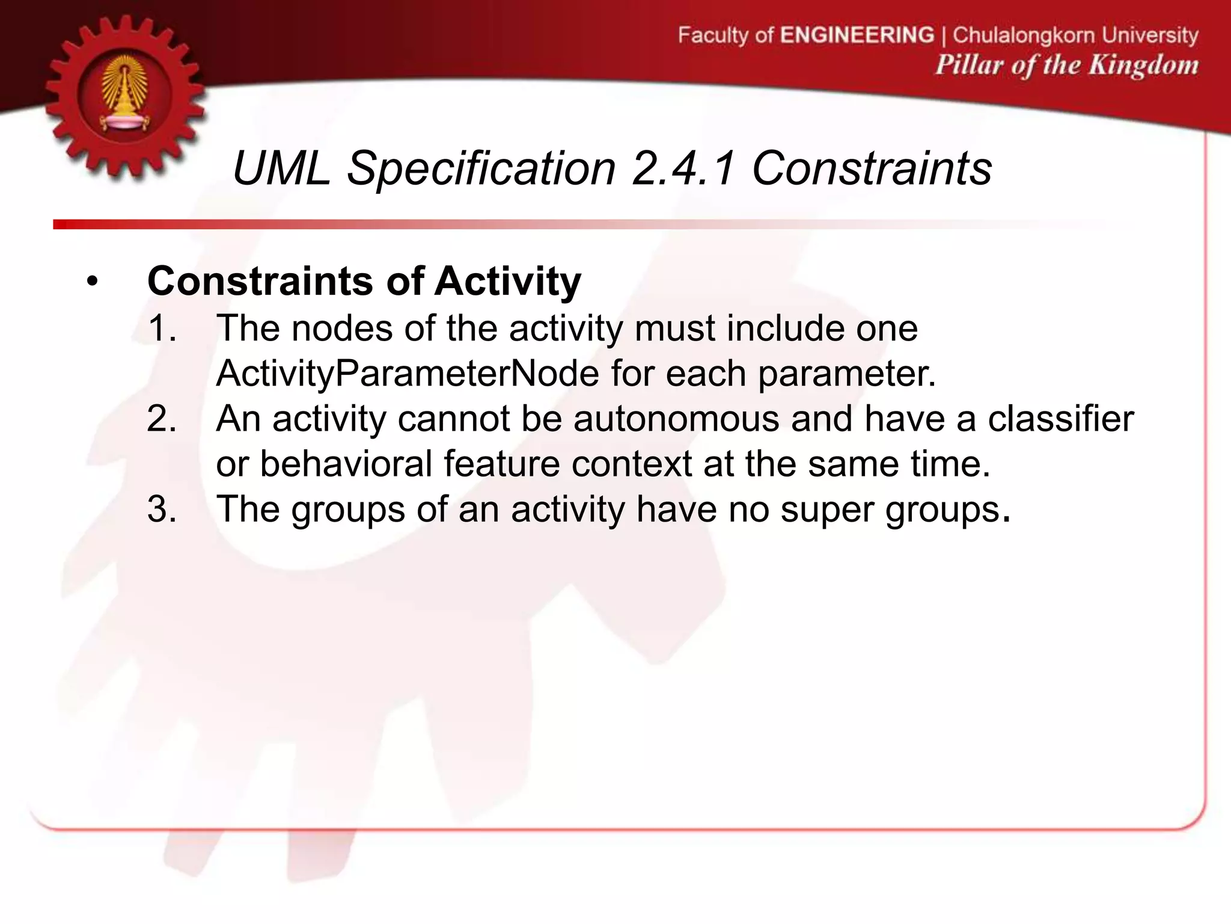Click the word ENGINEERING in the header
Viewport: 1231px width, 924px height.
(857, 35)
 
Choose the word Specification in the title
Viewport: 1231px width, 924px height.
(481, 168)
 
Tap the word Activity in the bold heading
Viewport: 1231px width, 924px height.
(507, 281)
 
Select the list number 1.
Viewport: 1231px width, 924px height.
(162, 328)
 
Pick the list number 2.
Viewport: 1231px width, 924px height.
(162, 418)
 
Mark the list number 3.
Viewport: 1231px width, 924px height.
(162, 508)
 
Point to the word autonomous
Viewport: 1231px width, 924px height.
(676, 418)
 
